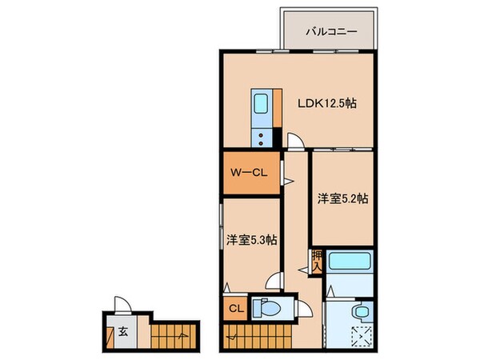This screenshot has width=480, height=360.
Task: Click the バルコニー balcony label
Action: (x=330, y=33)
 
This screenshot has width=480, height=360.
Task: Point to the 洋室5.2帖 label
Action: (x=342, y=198)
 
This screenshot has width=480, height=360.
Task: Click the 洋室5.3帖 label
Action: (x=251, y=239)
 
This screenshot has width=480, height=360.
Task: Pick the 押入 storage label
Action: (x=316, y=261)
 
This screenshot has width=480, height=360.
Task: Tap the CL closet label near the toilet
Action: (x=234, y=307)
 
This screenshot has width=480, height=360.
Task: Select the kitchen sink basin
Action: (x=262, y=105)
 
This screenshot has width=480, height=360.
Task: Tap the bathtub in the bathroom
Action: (x=348, y=263)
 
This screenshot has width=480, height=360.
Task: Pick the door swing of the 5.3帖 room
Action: (x=274, y=280)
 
